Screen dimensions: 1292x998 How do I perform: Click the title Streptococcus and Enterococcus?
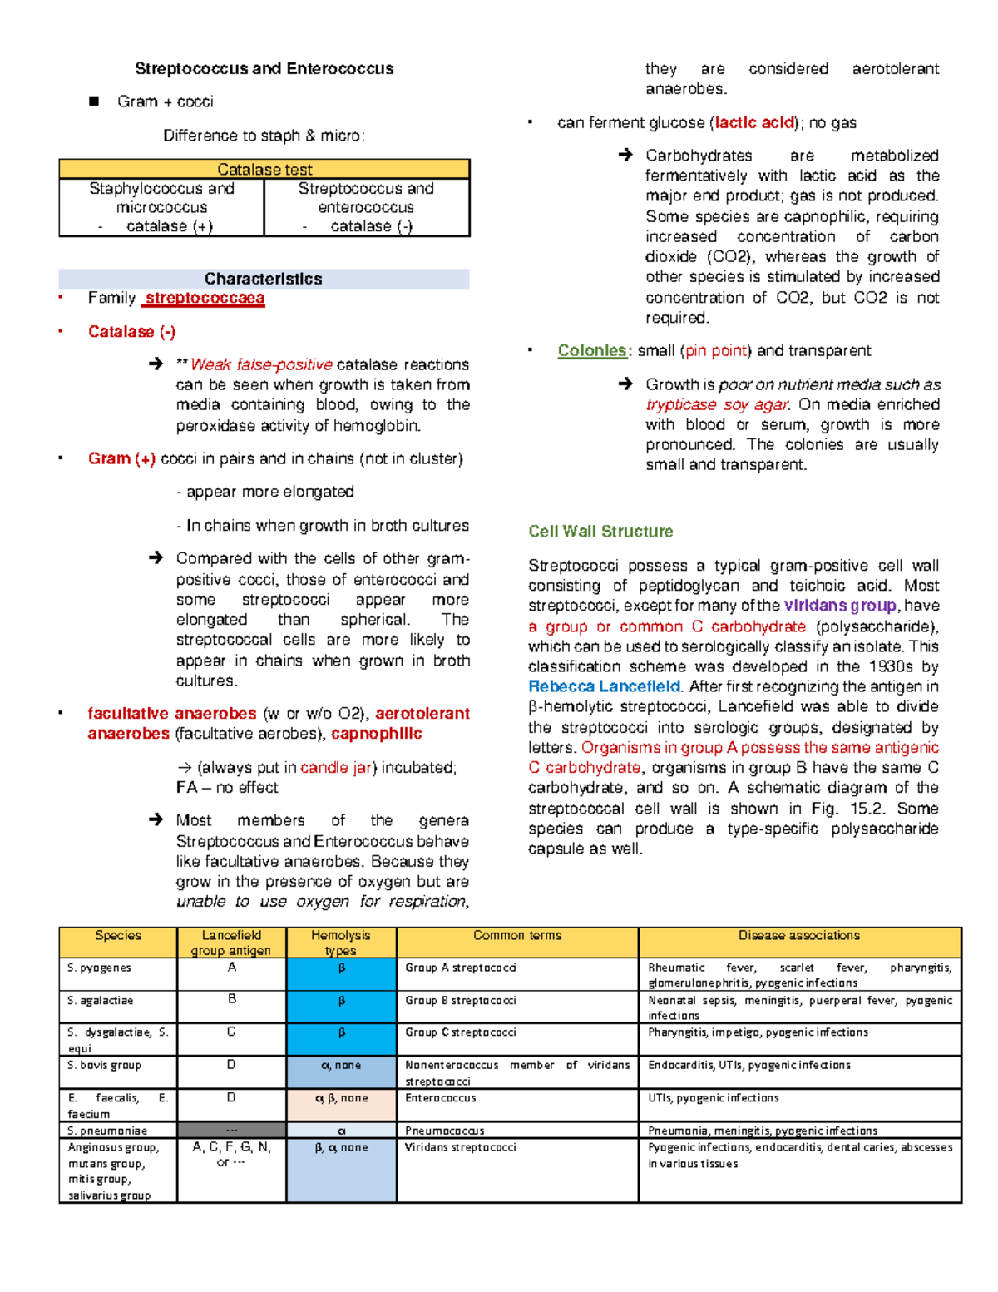pos(264,69)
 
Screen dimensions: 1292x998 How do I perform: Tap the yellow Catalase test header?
pos(264,169)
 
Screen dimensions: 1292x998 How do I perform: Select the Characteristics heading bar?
pos(264,279)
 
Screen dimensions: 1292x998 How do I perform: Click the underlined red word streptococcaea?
pos(205,299)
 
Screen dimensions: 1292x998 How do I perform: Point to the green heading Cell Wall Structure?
pos(600,532)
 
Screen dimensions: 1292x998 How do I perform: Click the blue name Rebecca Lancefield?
pos(605,686)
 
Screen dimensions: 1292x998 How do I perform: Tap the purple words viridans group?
pos(840,606)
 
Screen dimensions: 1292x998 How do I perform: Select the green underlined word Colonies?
pos(592,351)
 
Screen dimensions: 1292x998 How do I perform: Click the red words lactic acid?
pos(755,123)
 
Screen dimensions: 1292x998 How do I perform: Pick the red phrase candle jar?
pos(336,768)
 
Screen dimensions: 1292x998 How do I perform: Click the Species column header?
pos(118,936)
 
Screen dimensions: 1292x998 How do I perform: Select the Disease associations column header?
pos(799,936)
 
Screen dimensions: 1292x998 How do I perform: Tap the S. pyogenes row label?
pos(100,968)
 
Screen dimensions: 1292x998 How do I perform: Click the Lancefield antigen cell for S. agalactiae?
pos(231,999)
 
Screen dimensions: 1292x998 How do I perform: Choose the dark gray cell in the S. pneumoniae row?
pos(231,1131)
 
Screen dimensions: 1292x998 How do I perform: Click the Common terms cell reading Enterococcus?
pos(441,1098)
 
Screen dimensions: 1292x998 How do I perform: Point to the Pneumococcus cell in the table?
pos(445,1131)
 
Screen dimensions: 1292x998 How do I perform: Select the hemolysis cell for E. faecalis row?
pos(341,1098)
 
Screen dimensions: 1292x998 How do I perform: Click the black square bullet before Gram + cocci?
pos(94,101)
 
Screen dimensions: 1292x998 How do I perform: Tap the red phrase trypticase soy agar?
pos(717,405)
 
